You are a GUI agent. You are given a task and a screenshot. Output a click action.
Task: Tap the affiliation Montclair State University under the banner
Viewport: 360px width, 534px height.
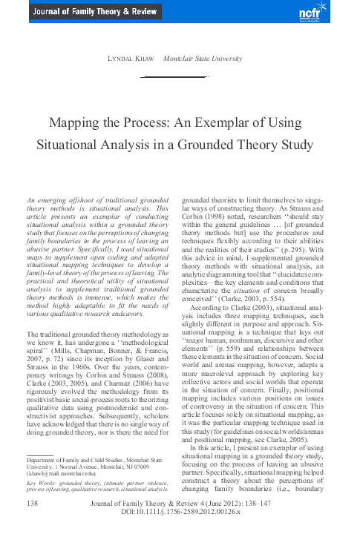tap(203, 58)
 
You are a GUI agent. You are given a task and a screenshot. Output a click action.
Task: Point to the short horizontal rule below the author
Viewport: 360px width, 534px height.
tap(175, 76)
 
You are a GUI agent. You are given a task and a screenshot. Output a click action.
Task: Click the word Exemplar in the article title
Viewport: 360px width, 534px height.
tap(235, 122)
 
